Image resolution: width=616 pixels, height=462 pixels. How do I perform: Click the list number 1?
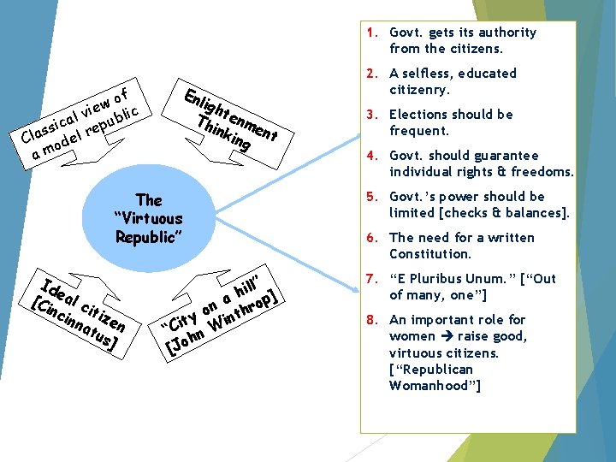pos(370,33)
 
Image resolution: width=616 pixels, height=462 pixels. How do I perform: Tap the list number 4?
pos(370,156)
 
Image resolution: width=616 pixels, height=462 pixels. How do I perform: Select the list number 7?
pos(370,279)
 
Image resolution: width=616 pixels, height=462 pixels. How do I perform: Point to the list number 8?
pos(370,320)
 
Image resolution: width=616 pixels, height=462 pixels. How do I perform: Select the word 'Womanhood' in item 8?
pos(432,386)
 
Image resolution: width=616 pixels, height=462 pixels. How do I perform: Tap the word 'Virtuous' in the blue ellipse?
pos(148,218)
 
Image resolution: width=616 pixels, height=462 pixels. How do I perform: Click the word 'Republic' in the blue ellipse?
pos(148,236)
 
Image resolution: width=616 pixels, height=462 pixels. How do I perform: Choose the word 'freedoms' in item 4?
pos(544,172)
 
